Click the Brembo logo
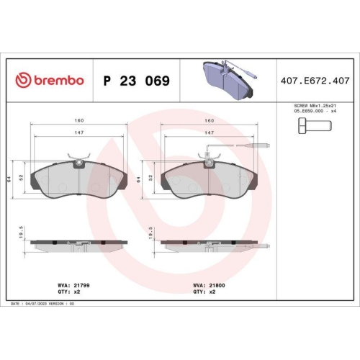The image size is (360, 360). [x=50, y=81]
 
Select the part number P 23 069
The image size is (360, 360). [x=137, y=81]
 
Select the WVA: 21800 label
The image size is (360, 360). [x=209, y=285]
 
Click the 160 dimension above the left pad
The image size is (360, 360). [x=77, y=120]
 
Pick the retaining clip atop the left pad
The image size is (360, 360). [x=76, y=159]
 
